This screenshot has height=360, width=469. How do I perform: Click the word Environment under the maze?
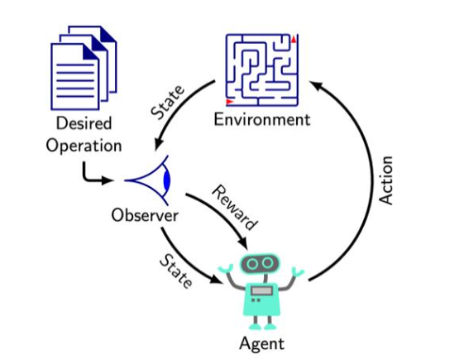pyautogui.click(x=261, y=119)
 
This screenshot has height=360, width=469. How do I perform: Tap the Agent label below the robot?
pyautogui.click(x=261, y=342)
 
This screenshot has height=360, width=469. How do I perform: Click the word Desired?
pyautogui.click(x=84, y=125)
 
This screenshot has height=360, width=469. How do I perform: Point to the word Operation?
pyautogui.click(x=84, y=146)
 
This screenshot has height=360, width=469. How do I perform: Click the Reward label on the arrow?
pyautogui.click(x=234, y=207)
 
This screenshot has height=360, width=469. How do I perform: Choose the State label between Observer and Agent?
pyautogui.click(x=175, y=271)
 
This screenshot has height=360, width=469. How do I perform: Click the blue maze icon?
pyautogui.click(x=262, y=70)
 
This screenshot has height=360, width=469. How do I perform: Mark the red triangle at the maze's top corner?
pyautogui.click(x=294, y=39)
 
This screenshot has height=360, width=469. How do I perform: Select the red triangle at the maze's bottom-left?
pyautogui.click(x=229, y=103)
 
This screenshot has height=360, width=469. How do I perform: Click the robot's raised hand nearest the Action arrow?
pyautogui.click(x=299, y=272)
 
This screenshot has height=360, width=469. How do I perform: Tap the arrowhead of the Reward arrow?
pyautogui.click(x=243, y=244)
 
